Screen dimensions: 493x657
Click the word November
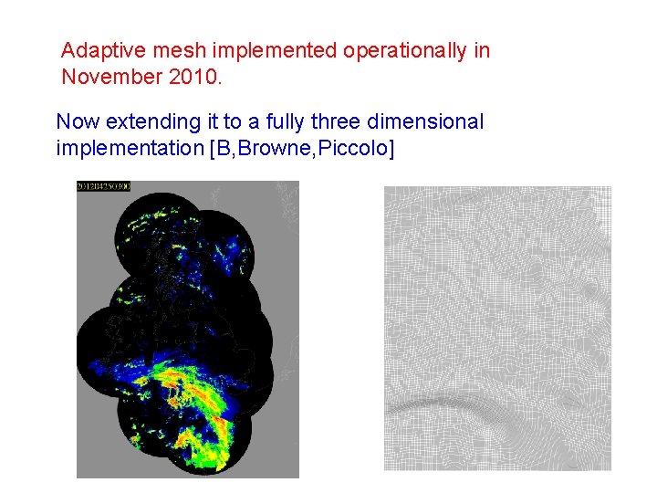tap(112, 77)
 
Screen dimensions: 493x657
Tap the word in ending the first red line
tap(481, 51)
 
